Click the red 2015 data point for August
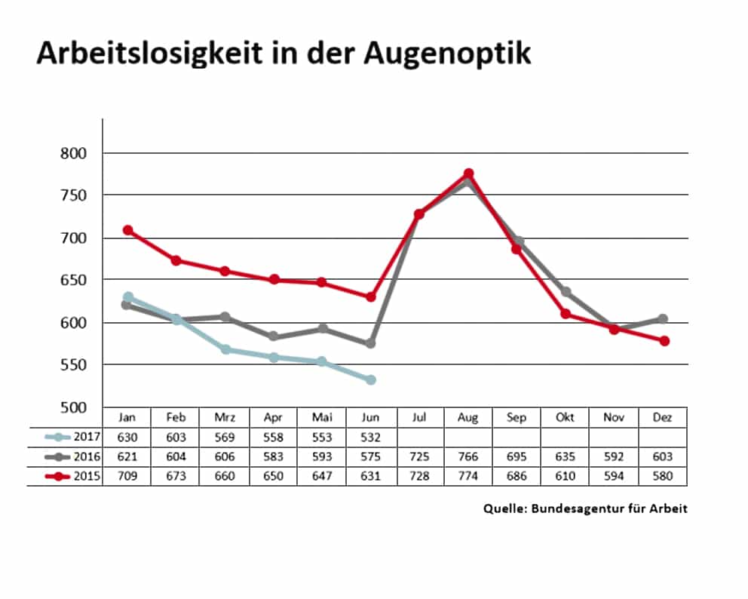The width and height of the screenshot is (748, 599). point(468,174)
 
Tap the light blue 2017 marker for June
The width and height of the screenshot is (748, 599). point(371,379)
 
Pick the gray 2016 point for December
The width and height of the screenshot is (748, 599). point(663,319)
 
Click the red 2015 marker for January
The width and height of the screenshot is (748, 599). point(128,230)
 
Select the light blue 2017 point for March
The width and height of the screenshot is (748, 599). point(225,349)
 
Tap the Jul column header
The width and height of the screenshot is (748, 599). point(419,418)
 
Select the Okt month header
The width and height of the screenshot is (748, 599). point(566,418)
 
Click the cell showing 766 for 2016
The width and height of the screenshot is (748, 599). point(467,457)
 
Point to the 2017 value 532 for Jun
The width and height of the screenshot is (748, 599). point(370,438)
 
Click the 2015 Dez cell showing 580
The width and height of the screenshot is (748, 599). point(663,477)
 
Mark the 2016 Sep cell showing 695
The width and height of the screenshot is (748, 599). point(517,457)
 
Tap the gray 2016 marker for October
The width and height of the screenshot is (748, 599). point(566,292)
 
